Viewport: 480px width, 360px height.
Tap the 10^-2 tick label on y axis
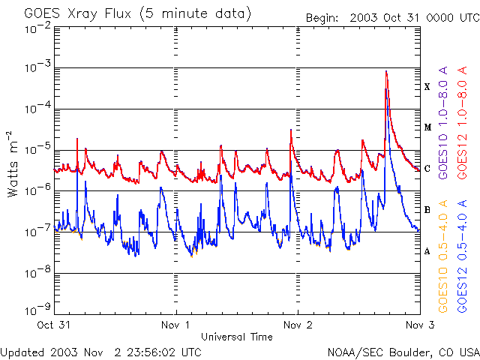[x=37, y=28]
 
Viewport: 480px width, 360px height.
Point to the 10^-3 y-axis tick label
[x=37, y=69]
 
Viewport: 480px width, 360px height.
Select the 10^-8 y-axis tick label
[x=37, y=274]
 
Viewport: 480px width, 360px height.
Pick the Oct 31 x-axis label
[x=54, y=325]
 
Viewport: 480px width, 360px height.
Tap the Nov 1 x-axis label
[x=176, y=325]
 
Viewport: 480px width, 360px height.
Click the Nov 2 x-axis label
[x=298, y=325]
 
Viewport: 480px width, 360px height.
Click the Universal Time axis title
[x=236, y=337]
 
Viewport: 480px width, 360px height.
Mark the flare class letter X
[x=427, y=87]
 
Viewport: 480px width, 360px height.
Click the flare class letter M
[x=427, y=127]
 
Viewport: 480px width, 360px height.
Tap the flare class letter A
[x=427, y=251]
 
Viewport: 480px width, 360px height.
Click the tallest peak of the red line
[x=385, y=71]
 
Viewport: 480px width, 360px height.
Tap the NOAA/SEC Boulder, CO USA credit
[x=403, y=352]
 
